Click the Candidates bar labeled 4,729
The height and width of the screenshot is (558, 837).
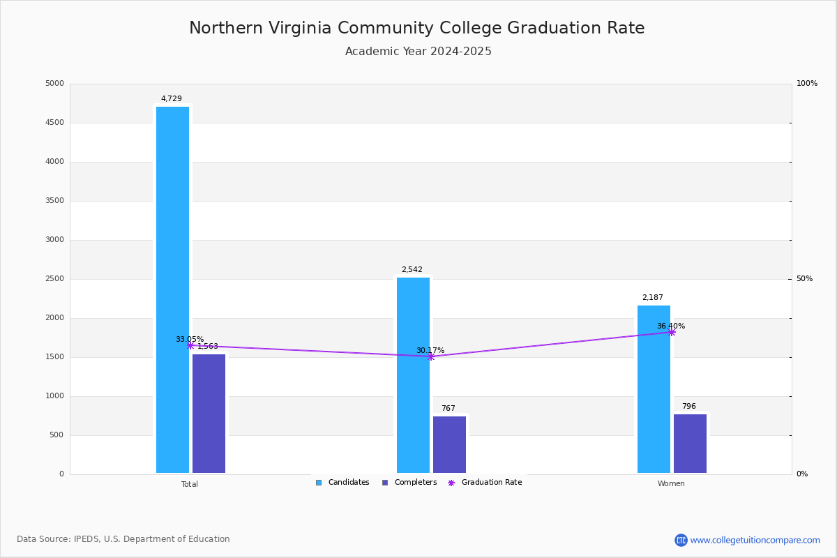point(172,289)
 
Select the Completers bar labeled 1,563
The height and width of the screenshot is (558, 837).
point(209,414)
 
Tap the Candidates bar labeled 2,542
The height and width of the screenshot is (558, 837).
point(413,375)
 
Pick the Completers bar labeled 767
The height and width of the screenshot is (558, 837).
point(449,444)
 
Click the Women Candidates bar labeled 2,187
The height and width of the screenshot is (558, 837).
point(654,389)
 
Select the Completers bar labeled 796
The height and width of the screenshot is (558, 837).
point(690,444)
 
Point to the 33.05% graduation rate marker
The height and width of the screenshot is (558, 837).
point(190,345)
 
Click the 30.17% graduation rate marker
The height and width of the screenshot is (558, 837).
point(431,356)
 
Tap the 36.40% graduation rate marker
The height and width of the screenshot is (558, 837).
point(672,332)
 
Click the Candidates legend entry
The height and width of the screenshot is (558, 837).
point(342,483)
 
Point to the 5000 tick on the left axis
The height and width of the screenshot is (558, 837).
point(54,84)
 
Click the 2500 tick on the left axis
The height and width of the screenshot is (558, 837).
point(54,279)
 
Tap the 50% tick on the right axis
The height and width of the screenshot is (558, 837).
point(804,279)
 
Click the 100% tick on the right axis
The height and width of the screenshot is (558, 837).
point(806,84)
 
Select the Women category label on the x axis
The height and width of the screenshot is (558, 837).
point(671,484)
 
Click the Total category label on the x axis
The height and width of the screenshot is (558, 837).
point(190,484)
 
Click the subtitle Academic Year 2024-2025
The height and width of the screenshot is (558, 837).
point(418,52)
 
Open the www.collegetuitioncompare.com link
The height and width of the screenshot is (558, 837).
point(755,540)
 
